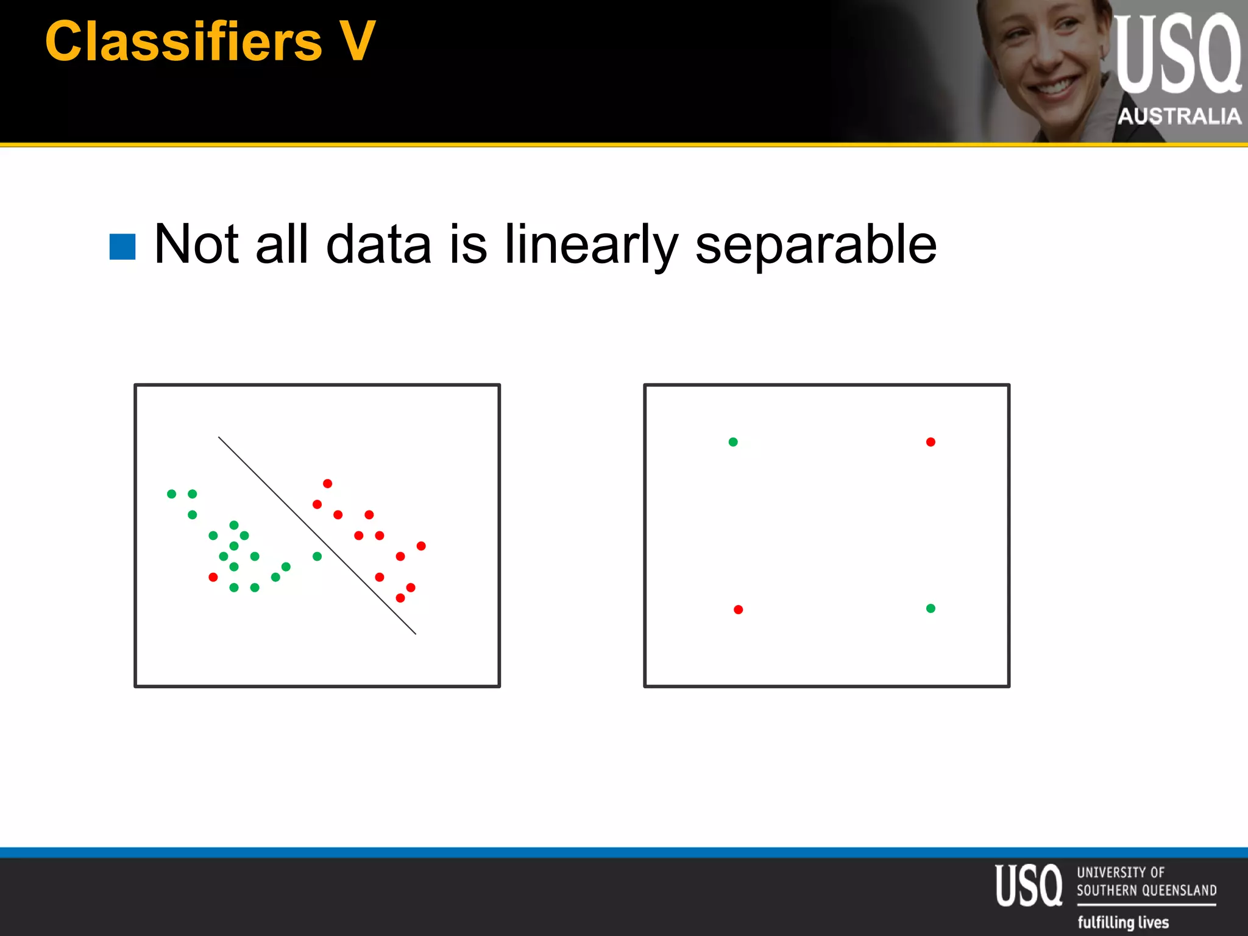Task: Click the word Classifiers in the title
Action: coord(183,41)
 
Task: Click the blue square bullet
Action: coord(122,247)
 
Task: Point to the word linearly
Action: coord(590,246)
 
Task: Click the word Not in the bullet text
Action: coord(196,244)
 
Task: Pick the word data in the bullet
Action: coord(378,244)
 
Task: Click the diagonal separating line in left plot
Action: coord(317,535)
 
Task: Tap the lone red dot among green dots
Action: coord(213,577)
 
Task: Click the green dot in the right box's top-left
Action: coord(733,442)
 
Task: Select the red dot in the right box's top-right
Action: coord(931,442)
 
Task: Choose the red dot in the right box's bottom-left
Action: coord(738,609)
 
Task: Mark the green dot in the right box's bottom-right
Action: coord(931,608)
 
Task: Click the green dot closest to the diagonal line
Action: coord(317,556)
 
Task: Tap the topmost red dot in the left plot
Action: coord(327,484)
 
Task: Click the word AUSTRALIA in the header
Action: coord(1179,116)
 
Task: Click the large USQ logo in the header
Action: coord(1177,55)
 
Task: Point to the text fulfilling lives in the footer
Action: coord(1123,922)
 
